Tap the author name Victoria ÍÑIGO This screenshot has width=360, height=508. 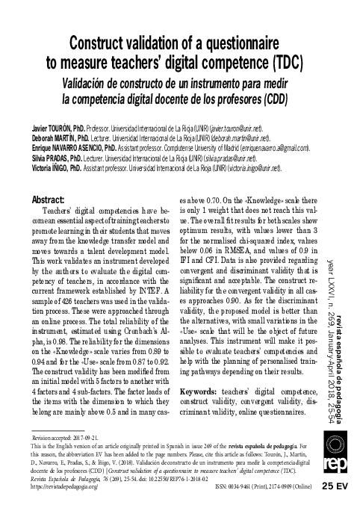coord(50,169)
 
